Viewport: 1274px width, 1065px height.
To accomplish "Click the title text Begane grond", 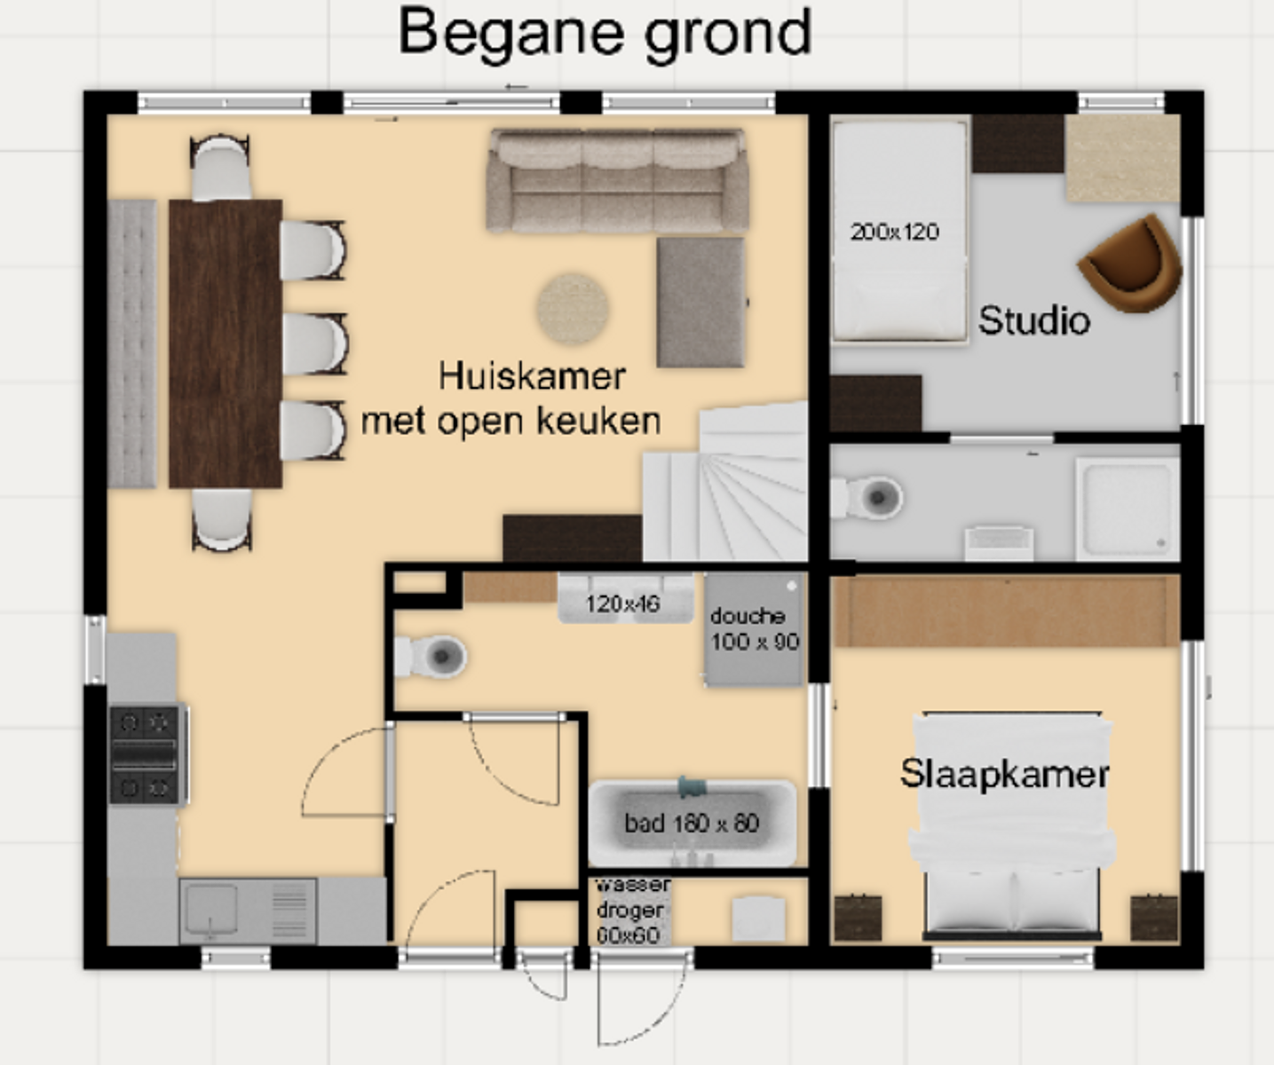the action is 604,35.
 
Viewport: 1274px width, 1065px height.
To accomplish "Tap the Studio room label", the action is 1034,320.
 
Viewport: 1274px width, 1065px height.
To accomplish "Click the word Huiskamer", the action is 532,375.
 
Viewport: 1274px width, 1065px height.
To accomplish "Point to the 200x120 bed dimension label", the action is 895,232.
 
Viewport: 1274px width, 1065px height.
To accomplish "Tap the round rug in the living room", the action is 573,309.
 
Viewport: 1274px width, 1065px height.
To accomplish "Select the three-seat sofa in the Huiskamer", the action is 618,180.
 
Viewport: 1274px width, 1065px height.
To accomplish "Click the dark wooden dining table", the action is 226,343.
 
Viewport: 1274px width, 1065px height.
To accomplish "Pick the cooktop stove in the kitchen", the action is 147,754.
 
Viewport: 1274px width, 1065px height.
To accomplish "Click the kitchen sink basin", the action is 211,910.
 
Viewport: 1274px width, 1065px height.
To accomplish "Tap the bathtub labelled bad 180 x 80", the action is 692,823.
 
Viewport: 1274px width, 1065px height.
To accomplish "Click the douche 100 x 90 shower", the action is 754,629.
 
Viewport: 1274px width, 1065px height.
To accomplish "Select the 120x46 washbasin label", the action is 623,603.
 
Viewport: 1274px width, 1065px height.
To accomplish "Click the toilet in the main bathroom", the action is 431,657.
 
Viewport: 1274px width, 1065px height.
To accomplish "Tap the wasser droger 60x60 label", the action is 631,910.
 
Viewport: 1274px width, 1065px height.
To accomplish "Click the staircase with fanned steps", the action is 726,482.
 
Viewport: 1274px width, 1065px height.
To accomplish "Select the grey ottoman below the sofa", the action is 701,303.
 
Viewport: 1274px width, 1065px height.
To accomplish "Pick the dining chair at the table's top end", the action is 220,168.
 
